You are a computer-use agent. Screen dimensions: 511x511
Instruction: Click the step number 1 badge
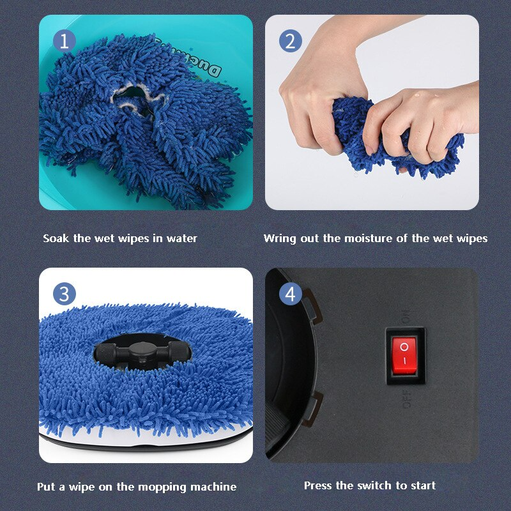point(65,41)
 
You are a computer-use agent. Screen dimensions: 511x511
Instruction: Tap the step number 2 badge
point(291,41)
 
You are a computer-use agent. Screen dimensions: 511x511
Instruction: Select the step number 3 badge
point(65,294)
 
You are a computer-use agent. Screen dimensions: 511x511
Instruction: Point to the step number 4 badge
point(291,294)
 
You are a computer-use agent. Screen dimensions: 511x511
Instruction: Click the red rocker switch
point(404,356)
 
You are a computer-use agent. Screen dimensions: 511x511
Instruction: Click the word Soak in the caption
point(56,238)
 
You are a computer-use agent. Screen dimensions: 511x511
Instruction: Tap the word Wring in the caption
point(279,238)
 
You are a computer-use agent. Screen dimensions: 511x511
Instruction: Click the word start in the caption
point(423,485)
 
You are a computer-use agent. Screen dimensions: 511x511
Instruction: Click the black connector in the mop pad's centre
point(142,351)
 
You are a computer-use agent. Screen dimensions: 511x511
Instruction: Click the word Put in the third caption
point(46,487)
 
